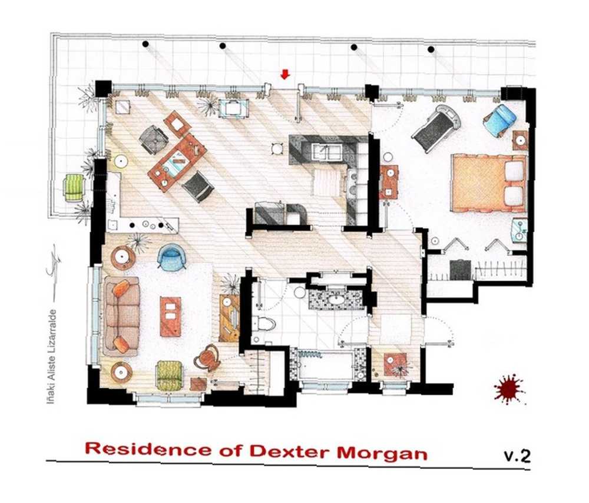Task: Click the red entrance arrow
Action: (x=286, y=75)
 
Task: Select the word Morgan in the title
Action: (x=382, y=454)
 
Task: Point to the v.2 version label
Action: (x=517, y=456)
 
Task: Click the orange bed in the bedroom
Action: (x=489, y=184)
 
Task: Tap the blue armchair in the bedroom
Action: (x=500, y=119)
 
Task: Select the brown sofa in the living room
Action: (x=121, y=316)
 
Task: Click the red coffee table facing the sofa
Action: (x=170, y=316)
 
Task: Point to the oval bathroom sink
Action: (x=336, y=299)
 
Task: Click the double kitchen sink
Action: (x=327, y=153)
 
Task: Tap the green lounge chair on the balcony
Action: (x=74, y=188)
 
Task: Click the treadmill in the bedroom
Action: (x=436, y=128)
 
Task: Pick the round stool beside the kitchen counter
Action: (x=277, y=149)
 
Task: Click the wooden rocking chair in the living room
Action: (x=207, y=358)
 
